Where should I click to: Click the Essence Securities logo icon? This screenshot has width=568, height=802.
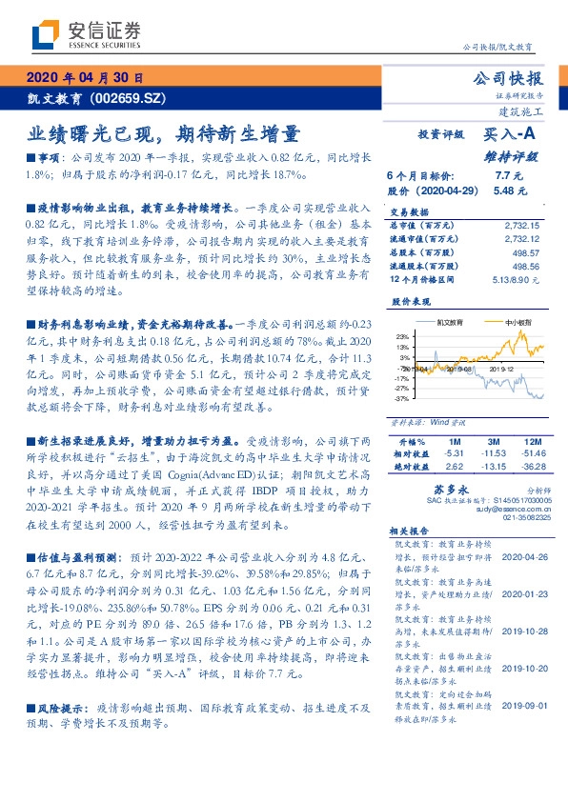pyautogui.click(x=46, y=34)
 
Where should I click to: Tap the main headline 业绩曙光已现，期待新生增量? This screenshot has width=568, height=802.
pyautogui.click(x=163, y=133)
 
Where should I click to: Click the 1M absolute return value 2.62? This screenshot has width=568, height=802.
pyautogui.click(x=453, y=467)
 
